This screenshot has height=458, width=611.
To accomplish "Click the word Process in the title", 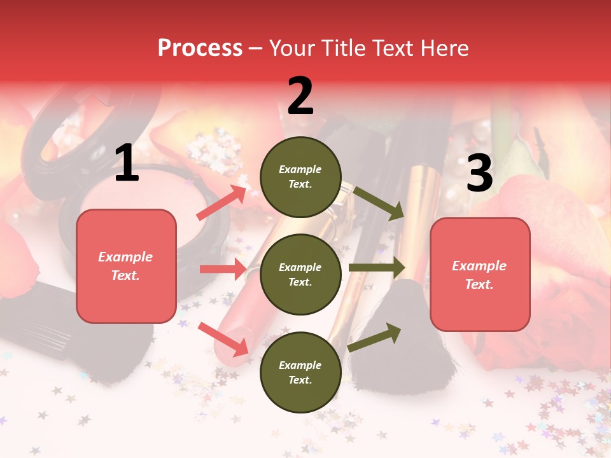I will (x=200, y=48).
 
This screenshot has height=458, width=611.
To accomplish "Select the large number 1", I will (x=127, y=163).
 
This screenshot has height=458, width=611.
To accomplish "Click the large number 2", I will (x=300, y=96).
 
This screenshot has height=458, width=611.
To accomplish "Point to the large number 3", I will (x=479, y=174).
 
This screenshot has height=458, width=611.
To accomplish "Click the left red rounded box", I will (x=126, y=266).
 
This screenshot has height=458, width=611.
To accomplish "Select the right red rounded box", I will (x=480, y=274).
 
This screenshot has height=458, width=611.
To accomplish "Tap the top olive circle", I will (x=300, y=177).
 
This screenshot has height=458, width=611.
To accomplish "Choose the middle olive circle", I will (x=300, y=274).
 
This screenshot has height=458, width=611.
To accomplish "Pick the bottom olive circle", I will (x=300, y=372).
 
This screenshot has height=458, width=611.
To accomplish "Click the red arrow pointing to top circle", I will (x=221, y=203).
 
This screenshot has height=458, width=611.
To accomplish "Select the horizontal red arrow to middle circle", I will (x=222, y=269).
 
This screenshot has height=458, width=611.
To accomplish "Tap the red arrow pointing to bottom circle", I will (x=223, y=338).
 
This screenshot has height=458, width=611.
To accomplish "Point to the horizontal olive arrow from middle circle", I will (x=376, y=268).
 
